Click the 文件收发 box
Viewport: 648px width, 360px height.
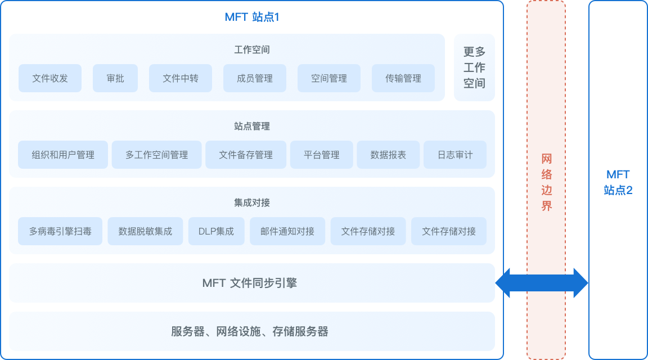[50, 78]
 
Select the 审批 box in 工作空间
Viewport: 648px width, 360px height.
[115, 78]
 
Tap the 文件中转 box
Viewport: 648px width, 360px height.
[181, 78]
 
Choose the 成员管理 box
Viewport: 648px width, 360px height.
[255, 78]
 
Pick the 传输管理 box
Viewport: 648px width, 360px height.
[403, 78]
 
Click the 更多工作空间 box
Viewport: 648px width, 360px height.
[474, 67]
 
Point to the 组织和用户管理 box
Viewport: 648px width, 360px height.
[63, 155]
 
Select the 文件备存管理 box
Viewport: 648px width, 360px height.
[246, 155]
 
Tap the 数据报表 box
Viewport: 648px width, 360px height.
[388, 155]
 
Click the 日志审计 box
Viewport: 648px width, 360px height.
[455, 155]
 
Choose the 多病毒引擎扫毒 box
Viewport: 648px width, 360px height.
[60, 231]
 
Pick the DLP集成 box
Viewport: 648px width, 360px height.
[216, 231]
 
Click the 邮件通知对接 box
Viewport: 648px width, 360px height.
[287, 231]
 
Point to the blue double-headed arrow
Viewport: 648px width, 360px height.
[541, 283]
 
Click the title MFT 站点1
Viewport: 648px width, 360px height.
[252, 17]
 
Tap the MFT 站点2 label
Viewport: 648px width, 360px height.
[618, 182]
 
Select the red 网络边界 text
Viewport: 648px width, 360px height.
[546, 182]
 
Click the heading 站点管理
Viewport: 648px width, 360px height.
[252, 126]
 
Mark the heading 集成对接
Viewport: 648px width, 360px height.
[252, 202]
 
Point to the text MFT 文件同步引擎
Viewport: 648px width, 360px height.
[250, 283]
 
